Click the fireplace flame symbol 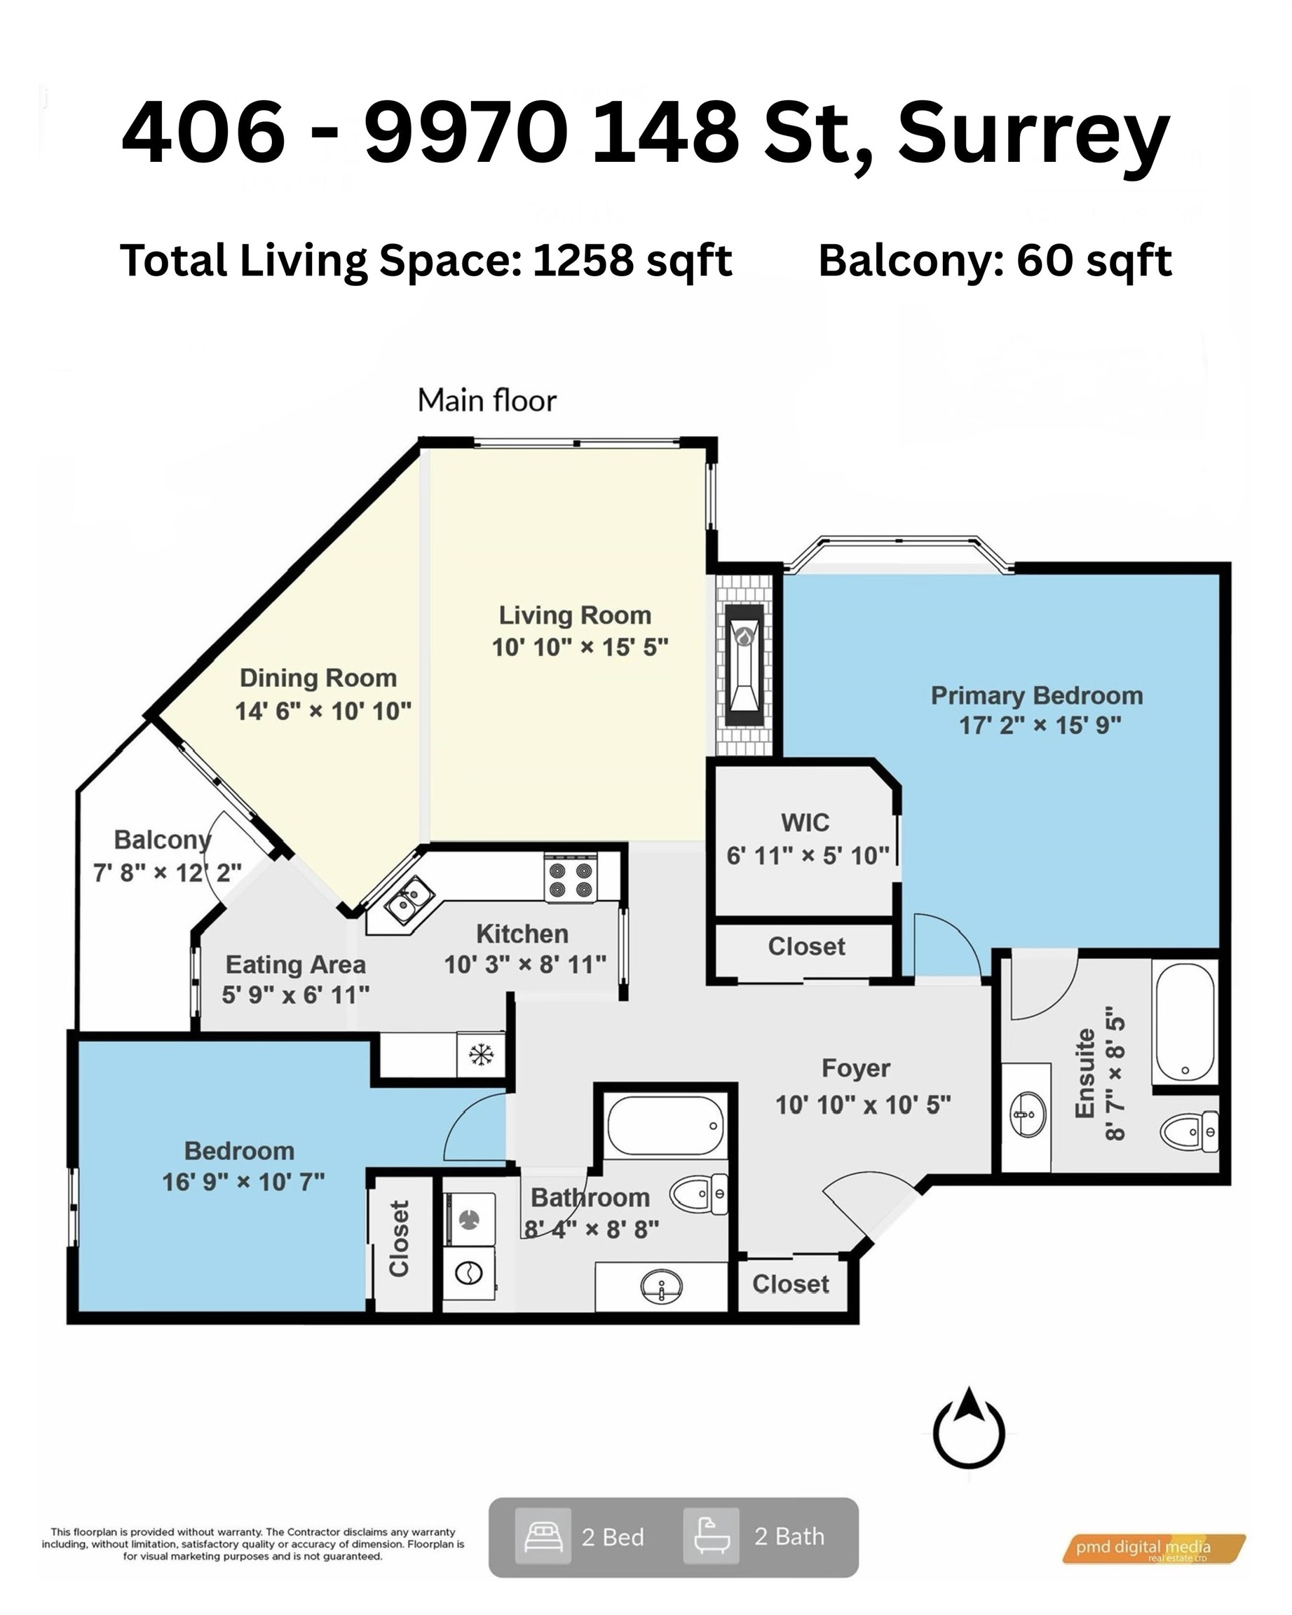(744, 636)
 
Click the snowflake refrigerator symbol (481, 1055)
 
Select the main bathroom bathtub (665, 1126)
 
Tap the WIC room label (805, 822)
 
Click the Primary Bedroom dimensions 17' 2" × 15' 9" (1040, 724)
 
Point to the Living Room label (576, 615)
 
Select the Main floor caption (487, 401)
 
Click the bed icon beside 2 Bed (543, 1537)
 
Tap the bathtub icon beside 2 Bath (710, 1537)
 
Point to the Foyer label (855, 1068)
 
